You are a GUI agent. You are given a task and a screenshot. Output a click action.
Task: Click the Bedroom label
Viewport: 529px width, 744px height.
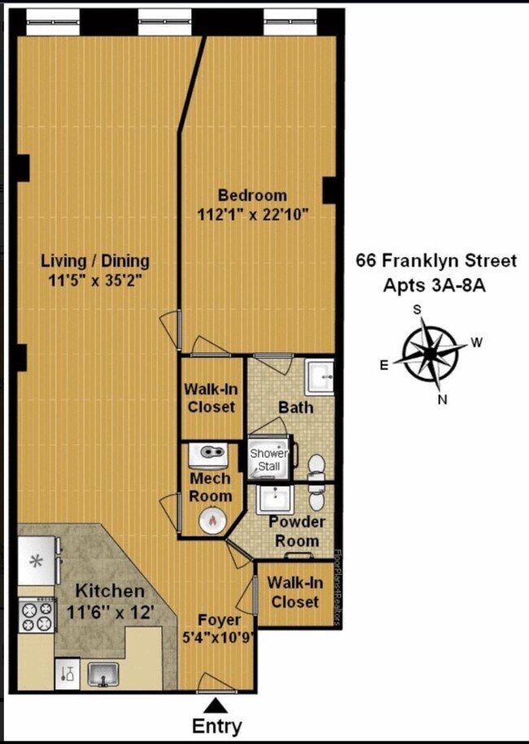point(252,195)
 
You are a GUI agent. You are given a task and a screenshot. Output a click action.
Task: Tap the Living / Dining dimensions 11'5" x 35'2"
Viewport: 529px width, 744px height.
point(95,281)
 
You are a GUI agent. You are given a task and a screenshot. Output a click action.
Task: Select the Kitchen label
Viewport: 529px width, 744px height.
point(110,591)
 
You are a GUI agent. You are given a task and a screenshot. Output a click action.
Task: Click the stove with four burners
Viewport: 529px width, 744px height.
point(36,616)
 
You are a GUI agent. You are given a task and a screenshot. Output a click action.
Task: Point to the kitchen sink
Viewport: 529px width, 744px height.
point(103,675)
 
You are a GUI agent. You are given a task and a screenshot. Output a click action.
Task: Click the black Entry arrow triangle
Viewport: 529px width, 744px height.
point(216,706)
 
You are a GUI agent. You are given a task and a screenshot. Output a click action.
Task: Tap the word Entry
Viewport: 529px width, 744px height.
point(216,726)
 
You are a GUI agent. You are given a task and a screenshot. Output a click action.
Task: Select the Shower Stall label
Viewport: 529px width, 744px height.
point(269,459)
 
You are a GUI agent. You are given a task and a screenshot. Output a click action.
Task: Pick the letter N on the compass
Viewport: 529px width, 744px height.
point(443,400)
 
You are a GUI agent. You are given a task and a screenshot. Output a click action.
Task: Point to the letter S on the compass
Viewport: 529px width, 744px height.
point(418,310)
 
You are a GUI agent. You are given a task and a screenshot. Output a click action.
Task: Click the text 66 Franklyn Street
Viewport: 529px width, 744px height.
point(436,261)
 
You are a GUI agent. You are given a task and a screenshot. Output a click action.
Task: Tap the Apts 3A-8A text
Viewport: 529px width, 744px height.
point(435,286)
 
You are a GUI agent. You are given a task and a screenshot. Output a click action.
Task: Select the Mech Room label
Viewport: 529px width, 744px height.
point(210,487)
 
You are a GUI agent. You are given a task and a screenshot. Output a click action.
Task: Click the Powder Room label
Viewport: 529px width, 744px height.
point(297,532)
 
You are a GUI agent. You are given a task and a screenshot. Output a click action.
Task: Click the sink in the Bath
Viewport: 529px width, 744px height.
point(319,377)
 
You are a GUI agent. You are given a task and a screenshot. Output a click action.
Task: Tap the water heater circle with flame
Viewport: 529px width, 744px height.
point(212,521)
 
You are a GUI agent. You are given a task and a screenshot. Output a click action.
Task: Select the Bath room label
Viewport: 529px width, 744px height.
point(296,407)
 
